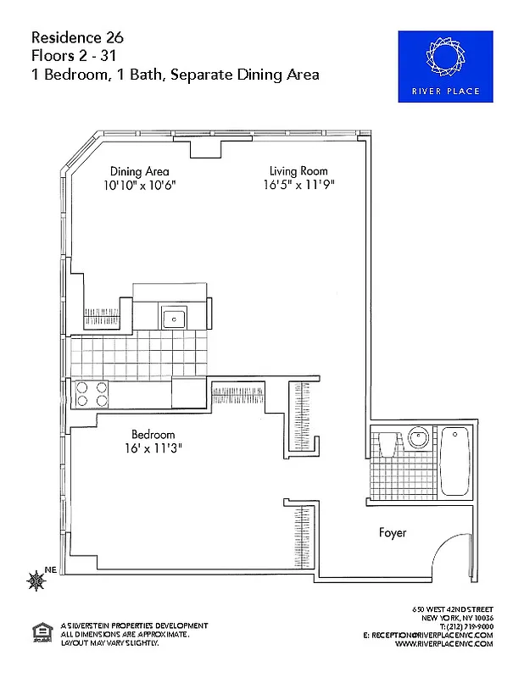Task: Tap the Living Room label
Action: (293, 170)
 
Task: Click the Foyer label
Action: (392, 533)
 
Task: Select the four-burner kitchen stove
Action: (92, 394)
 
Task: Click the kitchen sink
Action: (175, 318)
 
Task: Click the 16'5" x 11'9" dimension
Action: (293, 184)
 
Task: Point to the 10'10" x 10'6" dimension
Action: (140, 184)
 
